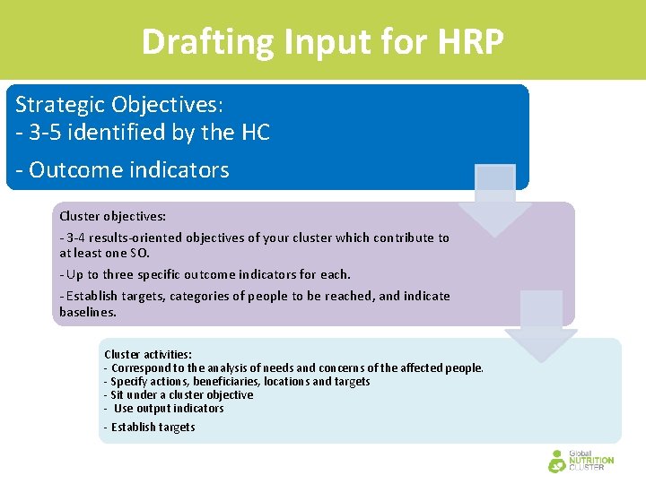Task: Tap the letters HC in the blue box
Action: click(256, 133)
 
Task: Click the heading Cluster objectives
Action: click(112, 216)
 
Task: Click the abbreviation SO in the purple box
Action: click(139, 254)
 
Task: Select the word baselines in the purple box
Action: click(87, 312)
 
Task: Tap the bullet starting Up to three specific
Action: click(205, 274)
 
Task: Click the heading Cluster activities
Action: click(148, 354)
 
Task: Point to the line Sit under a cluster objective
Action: click(179, 394)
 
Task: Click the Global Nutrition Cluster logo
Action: click(581, 461)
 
